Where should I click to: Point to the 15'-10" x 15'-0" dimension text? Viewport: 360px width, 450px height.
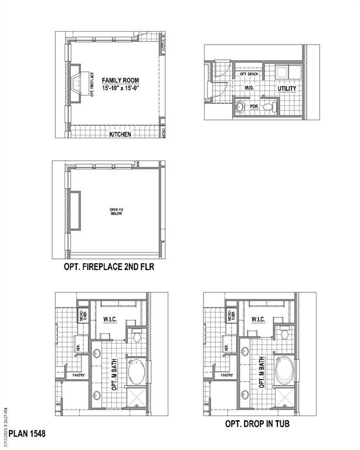[120, 88]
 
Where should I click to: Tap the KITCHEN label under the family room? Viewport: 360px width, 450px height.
[120, 134]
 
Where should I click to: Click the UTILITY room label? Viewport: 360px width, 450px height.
[287, 88]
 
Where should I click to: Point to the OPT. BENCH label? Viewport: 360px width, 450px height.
[249, 74]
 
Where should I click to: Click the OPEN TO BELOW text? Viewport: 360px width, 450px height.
[116, 212]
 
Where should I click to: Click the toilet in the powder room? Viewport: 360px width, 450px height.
[269, 107]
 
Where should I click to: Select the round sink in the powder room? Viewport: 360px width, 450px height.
[240, 107]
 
